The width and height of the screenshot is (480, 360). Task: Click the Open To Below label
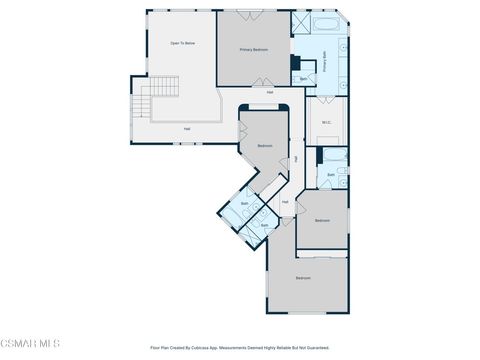(182, 44)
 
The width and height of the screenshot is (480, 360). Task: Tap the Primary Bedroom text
(253, 48)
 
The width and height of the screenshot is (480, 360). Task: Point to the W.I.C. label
(326, 123)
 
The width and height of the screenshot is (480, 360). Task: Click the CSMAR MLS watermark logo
(30, 343)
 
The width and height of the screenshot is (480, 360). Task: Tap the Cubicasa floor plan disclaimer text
(240, 348)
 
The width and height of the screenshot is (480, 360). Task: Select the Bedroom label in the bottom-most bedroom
(303, 277)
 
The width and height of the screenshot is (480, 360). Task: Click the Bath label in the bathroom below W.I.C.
(331, 174)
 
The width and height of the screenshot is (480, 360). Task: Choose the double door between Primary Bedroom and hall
(262, 81)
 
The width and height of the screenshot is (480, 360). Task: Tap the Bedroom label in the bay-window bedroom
(265, 146)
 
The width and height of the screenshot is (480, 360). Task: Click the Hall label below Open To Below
(187, 128)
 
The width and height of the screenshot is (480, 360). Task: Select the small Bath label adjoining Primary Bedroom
(303, 79)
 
